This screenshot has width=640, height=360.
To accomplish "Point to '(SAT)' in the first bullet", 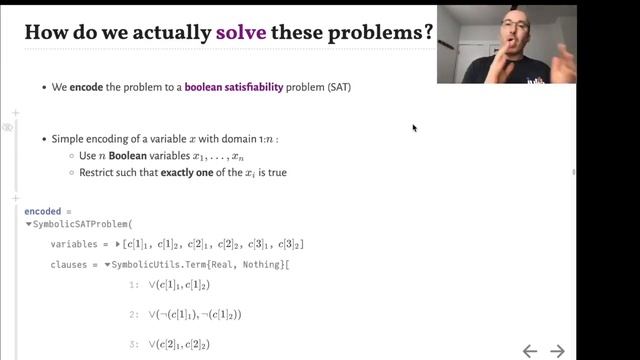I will click(x=335, y=88).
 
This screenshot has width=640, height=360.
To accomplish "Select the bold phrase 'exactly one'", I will click(x=186, y=173).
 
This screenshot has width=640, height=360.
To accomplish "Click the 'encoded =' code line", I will click(x=49, y=212).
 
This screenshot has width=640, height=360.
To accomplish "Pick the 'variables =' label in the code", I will click(x=81, y=244).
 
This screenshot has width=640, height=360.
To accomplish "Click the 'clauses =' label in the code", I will click(x=73, y=264).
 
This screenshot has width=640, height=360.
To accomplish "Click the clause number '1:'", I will click(x=135, y=285).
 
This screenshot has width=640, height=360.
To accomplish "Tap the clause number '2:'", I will click(x=135, y=314).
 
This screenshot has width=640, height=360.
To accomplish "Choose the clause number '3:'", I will click(x=135, y=345).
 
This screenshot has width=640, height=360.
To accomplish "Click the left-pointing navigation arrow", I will click(x=530, y=350).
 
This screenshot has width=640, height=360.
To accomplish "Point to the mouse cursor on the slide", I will click(x=414, y=127).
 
